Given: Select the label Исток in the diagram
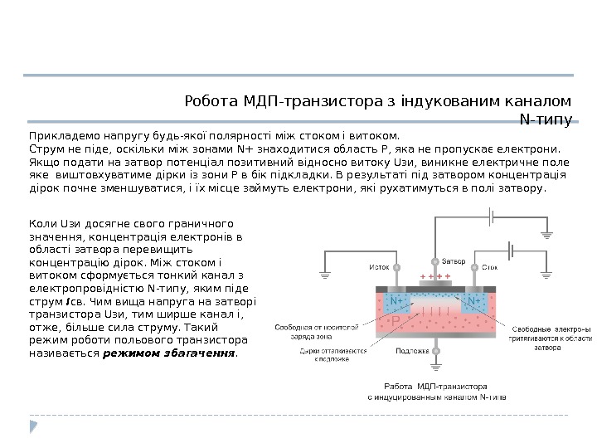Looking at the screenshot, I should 379,267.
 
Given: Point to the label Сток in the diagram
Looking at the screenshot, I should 490,267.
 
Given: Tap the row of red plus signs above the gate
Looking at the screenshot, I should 434,275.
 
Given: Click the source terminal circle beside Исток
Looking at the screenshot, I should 396,268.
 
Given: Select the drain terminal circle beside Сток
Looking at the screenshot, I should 473,268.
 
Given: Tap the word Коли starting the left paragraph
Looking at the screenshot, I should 42,223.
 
